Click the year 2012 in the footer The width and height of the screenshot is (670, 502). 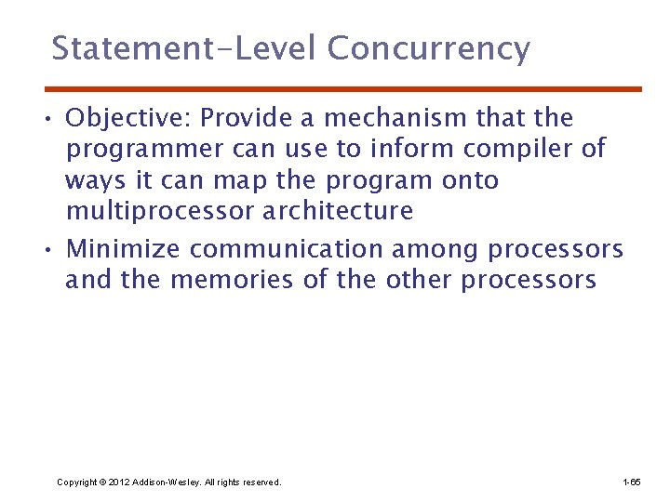tap(120, 482)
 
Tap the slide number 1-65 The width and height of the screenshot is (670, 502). tap(631, 482)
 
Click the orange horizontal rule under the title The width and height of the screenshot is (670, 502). tap(344, 89)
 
